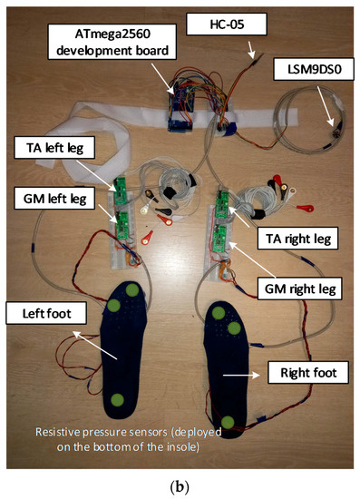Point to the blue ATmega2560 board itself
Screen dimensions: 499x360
[187, 102]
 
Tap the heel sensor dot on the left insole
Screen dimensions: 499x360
[117, 400]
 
